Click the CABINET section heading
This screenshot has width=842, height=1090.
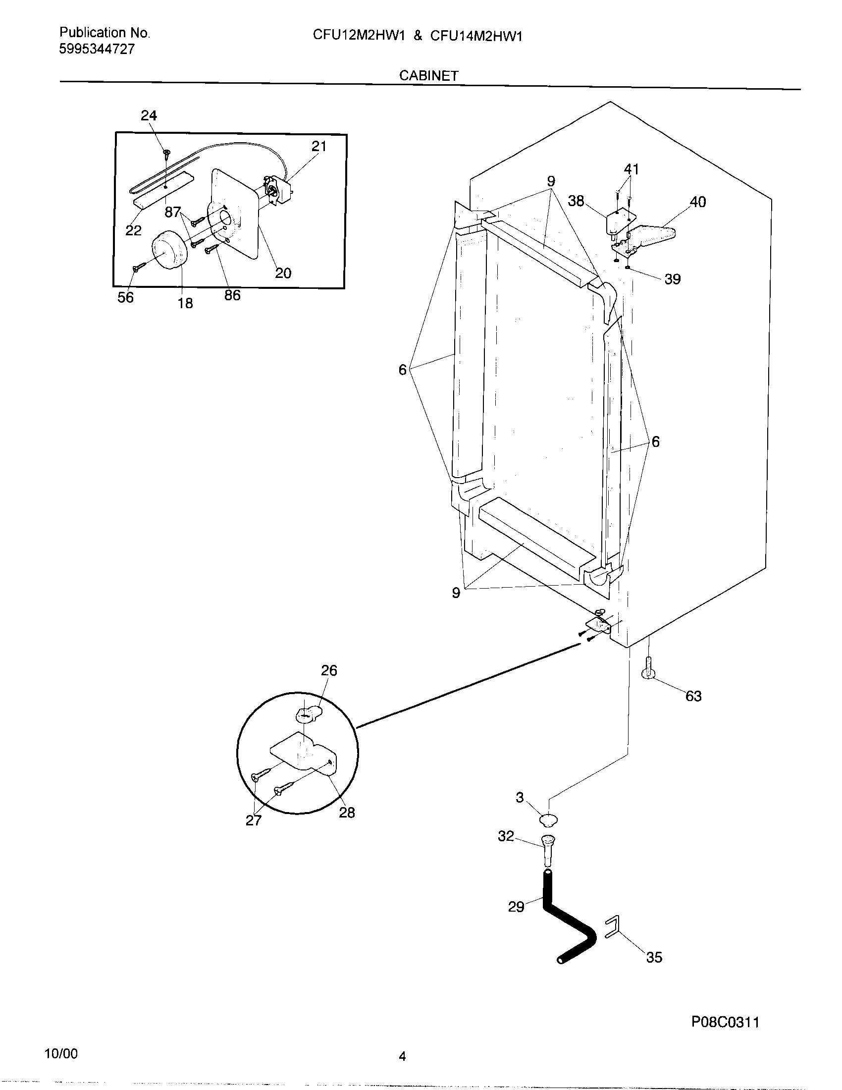pos(428,75)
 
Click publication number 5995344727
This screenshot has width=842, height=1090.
pos(97,49)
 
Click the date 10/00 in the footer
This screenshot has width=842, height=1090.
pos(61,1053)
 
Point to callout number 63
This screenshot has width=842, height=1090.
pos(693,696)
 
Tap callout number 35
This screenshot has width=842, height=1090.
pos(654,957)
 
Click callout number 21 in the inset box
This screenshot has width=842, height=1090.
pos(319,146)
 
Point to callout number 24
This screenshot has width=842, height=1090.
pos(149,116)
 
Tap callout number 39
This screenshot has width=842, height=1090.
pos(673,279)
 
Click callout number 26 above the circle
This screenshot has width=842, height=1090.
pos(329,670)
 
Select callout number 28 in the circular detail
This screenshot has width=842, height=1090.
pos(347,813)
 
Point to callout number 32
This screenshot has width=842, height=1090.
pos(506,836)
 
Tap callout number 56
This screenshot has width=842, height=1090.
pos(125,297)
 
